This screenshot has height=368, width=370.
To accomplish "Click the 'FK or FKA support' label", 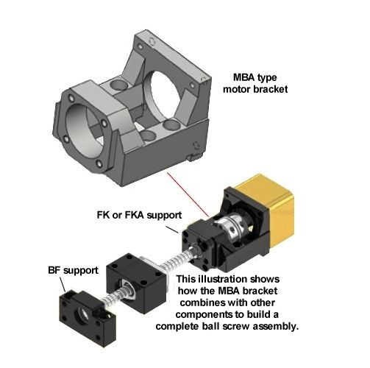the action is tap(139, 215).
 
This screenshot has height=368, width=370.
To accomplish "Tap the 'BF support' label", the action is tap(73, 270).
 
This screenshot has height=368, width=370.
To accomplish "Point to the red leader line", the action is tap(188, 194).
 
